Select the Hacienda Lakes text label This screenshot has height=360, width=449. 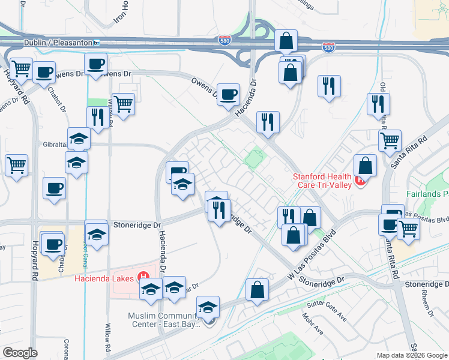(x=105, y=278)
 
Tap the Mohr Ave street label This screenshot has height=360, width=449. (x=313, y=324)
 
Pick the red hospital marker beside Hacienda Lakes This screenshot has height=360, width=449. (x=143, y=277)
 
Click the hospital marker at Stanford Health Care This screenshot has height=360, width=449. (x=360, y=179)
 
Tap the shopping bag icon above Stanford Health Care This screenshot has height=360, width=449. (x=365, y=165)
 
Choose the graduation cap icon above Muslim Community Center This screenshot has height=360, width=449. (x=208, y=307)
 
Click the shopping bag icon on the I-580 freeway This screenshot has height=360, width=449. (x=287, y=41)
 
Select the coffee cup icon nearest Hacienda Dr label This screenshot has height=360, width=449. (x=228, y=94)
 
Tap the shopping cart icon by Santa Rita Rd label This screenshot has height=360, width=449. (x=390, y=141)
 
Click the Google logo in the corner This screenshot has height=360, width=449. (x=20, y=353)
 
